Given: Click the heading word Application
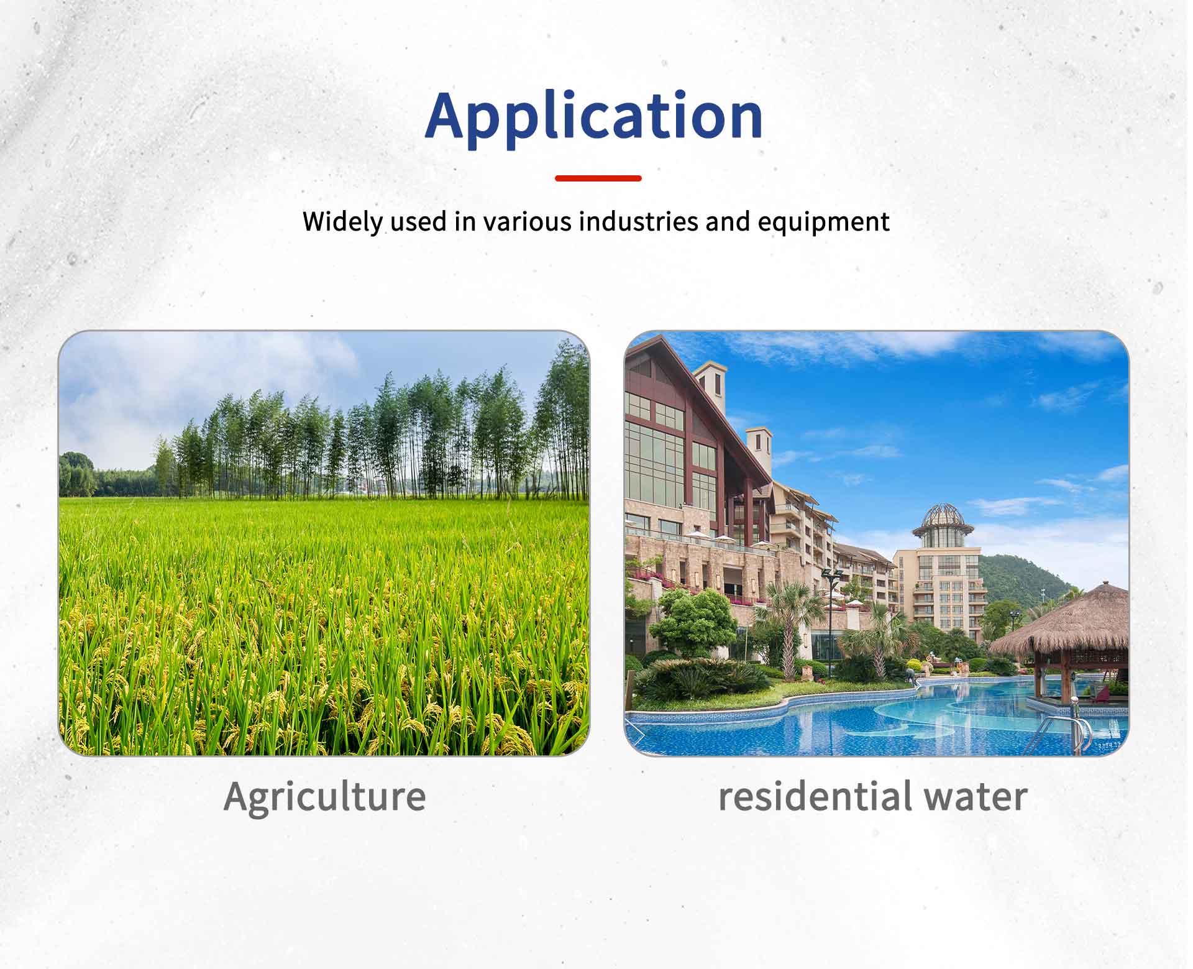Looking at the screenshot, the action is [x=594, y=117].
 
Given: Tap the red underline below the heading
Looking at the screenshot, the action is [x=598, y=178].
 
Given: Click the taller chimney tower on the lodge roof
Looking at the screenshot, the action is [x=710, y=386].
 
